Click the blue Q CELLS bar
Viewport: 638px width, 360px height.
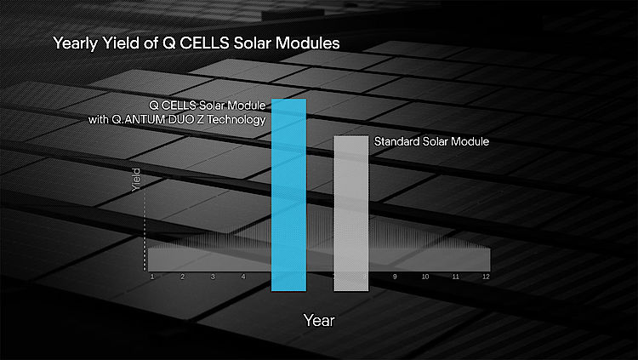[x=288, y=195]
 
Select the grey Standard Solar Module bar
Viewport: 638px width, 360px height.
[x=351, y=214]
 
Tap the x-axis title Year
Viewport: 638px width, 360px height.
[x=319, y=321]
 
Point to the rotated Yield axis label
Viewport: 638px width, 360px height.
[x=136, y=180]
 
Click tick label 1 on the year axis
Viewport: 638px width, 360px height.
[x=152, y=277]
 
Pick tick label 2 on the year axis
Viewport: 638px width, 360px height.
[x=183, y=277]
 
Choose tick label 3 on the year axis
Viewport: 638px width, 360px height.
[x=213, y=277]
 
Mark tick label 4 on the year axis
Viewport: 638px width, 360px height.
[x=243, y=277]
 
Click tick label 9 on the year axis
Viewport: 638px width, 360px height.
[x=395, y=277]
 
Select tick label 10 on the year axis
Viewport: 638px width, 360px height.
[x=425, y=277]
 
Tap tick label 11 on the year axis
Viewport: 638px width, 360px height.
[x=456, y=277]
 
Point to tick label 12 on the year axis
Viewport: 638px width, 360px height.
[x=486, y=277]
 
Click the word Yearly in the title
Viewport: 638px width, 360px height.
[x=76, y=43]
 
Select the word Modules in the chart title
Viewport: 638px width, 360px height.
[x=308, y=43]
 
